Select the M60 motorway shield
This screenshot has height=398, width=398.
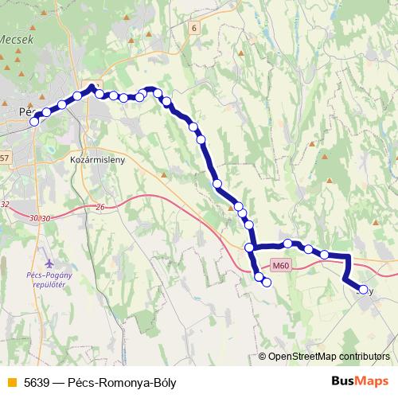pos(279,267)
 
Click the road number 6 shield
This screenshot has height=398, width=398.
pos(193,28)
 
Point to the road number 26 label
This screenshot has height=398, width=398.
pos(99,208)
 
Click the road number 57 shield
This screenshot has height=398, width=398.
pos(4,158)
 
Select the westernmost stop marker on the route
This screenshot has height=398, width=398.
pos(34,122)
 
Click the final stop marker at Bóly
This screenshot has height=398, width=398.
pos(363,290)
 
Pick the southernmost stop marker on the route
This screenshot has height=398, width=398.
pos(267,282)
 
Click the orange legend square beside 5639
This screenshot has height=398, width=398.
pos(10,381)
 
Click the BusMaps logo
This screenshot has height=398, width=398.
pos(360,380)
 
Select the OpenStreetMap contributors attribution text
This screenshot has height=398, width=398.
pos(328,357)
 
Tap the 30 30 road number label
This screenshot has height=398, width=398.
pos(38,217)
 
